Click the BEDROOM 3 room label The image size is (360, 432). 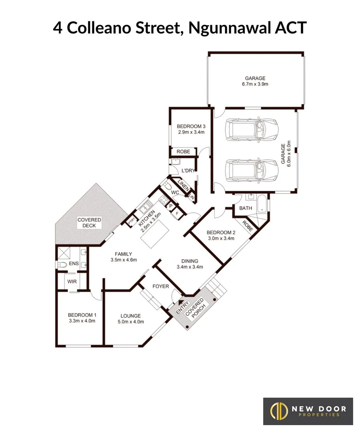pyautogui.click(x=191, y=126)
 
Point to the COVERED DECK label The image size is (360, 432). pyautogui.click(x=89, y=223)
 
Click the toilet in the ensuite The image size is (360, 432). pyautogui.click(x=62, y=265)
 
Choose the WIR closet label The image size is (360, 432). pyautogui.click(x=72, y=282)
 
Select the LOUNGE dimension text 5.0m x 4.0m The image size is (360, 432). pyautogui.click(x=130, y=321)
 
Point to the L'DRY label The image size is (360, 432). pyautogui.click(x=188, y=171)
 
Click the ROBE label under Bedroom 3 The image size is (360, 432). pyautogui.click(x=184, y=152)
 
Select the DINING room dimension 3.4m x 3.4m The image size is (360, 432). pyautogui.click(x=190, y=267)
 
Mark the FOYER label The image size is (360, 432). pyautogui.click(x=161, y=286)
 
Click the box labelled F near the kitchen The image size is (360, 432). pyautogui.click(x=177, y=214)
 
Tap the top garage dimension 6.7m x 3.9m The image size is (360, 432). pyautogui.click(x=255, y=84)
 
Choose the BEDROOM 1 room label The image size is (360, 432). pyautogui.click(x=82, y=314)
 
